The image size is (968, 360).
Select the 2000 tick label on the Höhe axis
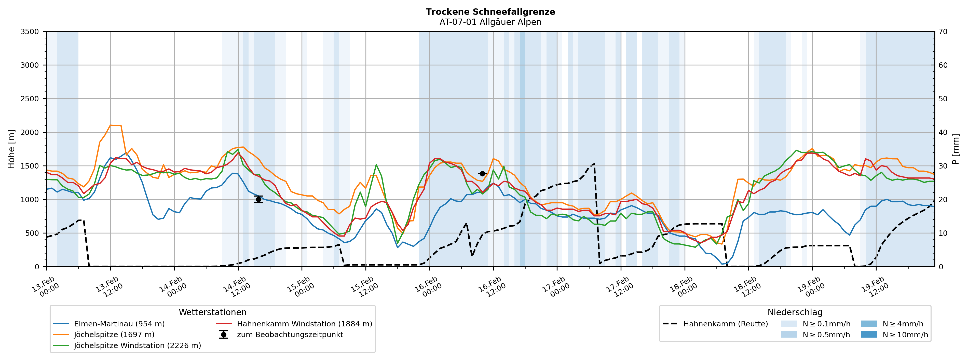tap(30, 133)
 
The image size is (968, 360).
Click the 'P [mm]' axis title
tap(956, 149)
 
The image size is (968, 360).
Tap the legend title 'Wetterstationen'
tap(212, 313)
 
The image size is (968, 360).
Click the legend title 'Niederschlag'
tap(795, 313)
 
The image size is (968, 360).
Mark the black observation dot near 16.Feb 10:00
tap(483, 174)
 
